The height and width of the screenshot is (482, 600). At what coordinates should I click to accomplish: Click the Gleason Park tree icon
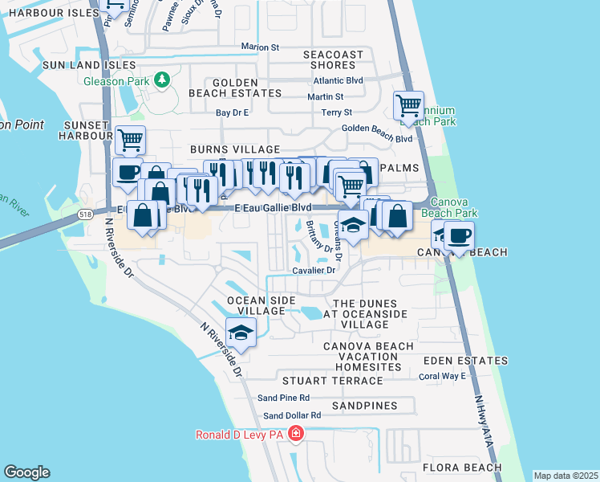click(162, 80)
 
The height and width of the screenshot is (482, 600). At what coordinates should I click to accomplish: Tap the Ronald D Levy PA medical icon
click(297, 435)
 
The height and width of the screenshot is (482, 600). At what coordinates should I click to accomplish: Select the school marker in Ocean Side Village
click(240, 332)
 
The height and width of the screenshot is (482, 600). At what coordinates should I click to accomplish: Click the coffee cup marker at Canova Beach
click(459, 236)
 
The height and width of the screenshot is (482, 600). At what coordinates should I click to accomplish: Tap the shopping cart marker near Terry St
click(408, 106)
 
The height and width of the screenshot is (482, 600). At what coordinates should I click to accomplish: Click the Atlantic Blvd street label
click(339, 80)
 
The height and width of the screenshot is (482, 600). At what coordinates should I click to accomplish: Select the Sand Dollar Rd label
click(292, 415)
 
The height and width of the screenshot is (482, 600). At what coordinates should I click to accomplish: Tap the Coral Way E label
click(442, 375)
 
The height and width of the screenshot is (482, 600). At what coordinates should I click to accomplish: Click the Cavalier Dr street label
click(314, 270)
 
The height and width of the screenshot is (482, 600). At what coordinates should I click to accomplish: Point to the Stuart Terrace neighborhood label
click(331, 380)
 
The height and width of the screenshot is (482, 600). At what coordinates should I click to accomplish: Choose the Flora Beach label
click(463, 468)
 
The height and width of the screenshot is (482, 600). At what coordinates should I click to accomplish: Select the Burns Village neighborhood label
click(234, 149)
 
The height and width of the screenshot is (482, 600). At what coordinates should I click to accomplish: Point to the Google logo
click(26, 472)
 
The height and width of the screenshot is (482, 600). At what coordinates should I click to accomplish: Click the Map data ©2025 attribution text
click(565, 476)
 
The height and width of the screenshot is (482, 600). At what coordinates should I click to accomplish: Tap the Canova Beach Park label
click(454, 207)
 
